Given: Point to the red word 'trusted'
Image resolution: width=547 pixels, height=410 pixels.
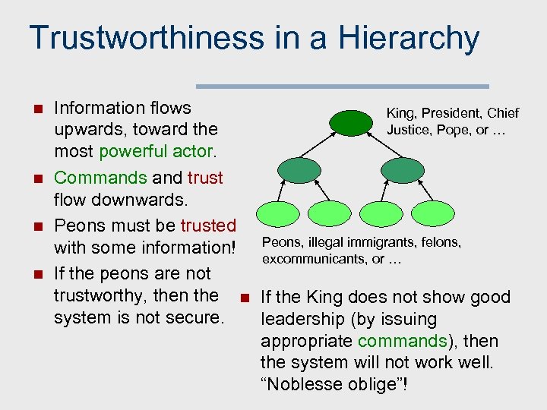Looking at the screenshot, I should (208, 225).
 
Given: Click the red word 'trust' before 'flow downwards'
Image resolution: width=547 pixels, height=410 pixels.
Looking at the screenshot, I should (205, 178).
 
